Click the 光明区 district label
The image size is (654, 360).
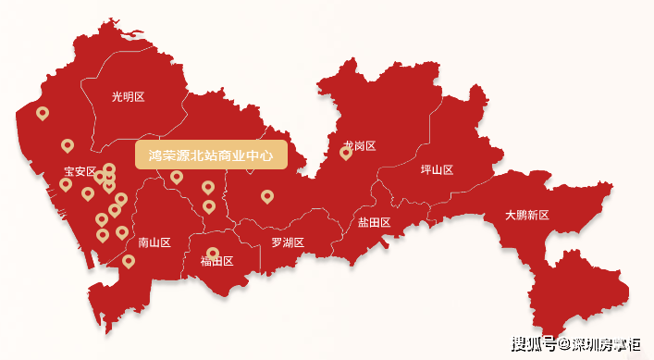(x=129, y=96)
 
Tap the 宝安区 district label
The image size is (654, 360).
(x=80, y=171)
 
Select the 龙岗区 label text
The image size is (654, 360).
(x=359, y=146)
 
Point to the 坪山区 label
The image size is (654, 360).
(x=437, y=170)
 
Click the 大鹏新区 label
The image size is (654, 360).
(x=527, y=215)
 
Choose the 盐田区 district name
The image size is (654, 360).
(x=375, y=223)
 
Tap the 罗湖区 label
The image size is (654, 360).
(x=288, y=242)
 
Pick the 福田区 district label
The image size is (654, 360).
(x=217, y=262)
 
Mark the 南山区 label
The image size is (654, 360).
(x=154, y=242)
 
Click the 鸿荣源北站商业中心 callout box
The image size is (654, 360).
(x=212, y=155)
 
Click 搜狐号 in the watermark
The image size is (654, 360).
(x=533, y=345)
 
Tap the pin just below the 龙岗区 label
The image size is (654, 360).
(x=346, y=154)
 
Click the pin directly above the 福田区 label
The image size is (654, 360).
(x=213, y=253)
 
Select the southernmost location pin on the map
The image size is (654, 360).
(x=129, y=261)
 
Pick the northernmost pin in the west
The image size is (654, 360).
(x=43, y=113)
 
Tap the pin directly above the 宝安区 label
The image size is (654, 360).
(x=68, y=145)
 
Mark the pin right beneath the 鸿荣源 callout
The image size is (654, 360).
(x=177, y=176)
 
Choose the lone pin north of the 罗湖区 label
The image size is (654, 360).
(x=267, y=196)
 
